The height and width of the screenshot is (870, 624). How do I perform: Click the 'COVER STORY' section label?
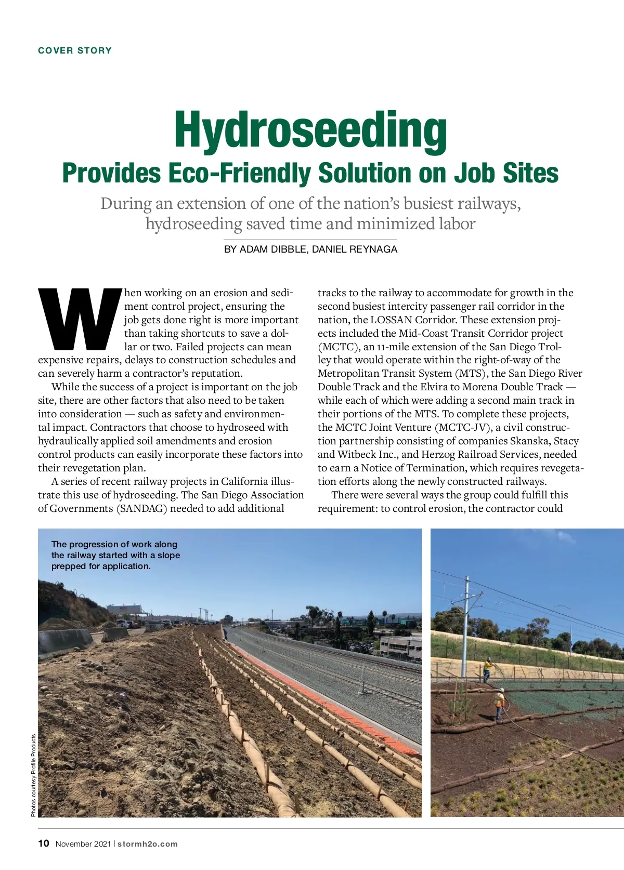(75, 50)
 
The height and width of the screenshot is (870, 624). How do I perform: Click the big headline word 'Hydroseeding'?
(310, 130)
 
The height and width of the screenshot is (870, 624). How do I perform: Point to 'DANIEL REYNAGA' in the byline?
(355, 249)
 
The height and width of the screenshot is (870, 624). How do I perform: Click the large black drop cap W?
(79, 319)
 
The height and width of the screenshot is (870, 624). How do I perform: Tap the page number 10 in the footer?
(44, 843)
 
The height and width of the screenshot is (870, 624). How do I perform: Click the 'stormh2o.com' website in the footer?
(148, 844)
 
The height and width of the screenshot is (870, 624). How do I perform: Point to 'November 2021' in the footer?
(83, 844)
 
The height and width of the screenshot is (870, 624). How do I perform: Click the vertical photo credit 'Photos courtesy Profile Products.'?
(33, 774)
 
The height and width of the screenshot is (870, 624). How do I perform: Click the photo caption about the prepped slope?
(115, 555)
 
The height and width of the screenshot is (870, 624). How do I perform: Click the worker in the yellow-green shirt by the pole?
(487, 669)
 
